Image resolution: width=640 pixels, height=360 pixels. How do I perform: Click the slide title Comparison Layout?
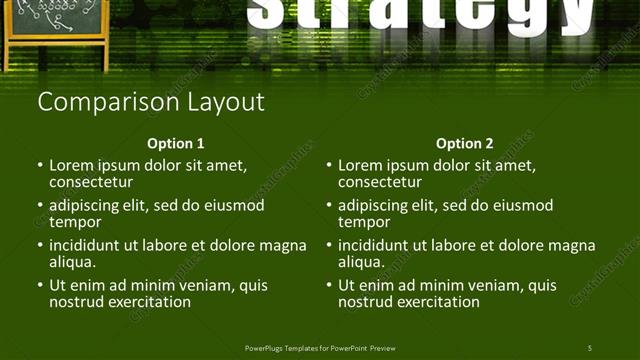151,102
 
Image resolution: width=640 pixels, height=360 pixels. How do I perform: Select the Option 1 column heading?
176,144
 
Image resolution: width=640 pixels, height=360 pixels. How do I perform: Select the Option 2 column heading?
465,144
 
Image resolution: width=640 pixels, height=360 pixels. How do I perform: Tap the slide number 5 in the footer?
590,348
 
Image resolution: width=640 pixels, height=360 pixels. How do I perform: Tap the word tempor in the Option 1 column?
75,222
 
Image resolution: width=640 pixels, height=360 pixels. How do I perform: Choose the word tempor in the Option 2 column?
364,222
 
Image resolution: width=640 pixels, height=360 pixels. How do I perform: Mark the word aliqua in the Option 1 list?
73,262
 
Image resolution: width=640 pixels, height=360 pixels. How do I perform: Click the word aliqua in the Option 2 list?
362,262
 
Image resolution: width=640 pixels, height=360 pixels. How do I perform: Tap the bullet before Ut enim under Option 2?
329,286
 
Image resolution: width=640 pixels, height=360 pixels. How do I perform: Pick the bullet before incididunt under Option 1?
40,246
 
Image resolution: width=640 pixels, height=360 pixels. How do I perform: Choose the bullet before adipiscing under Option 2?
329,206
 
